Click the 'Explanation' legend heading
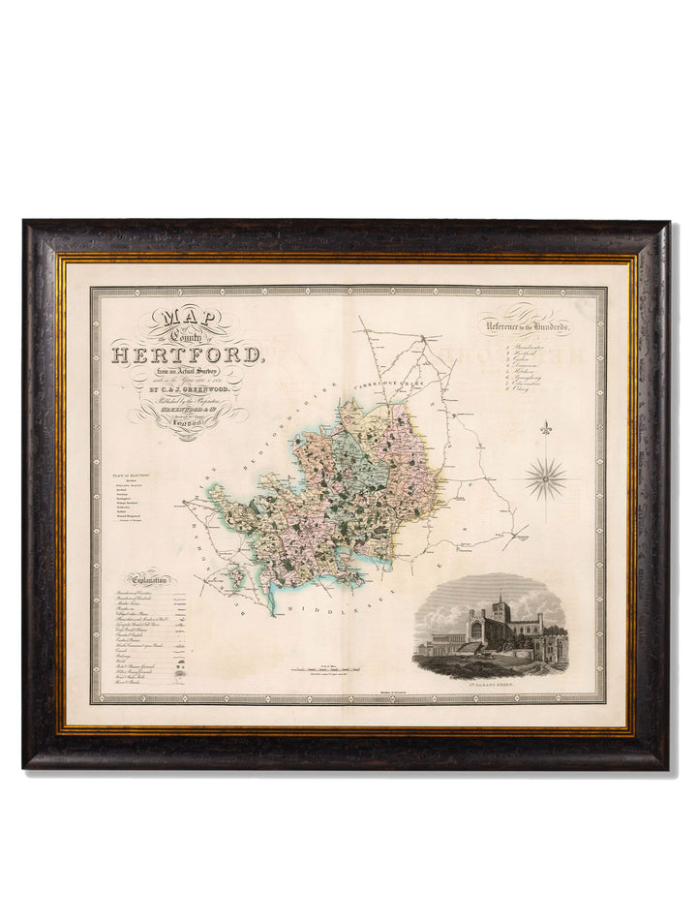pos(143,580)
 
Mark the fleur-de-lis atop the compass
pos(548,428)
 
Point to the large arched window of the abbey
pos(477,631)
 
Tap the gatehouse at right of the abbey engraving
pos(551,643)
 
